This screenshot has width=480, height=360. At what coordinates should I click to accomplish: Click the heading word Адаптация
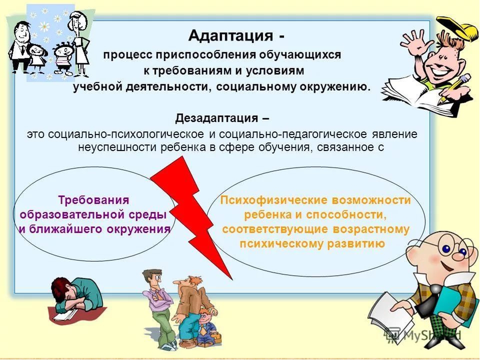230,36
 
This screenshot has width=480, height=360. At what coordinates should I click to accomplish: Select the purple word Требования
93,200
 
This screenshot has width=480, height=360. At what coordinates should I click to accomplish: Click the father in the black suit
20,46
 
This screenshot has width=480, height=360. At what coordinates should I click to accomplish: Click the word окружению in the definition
335,87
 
